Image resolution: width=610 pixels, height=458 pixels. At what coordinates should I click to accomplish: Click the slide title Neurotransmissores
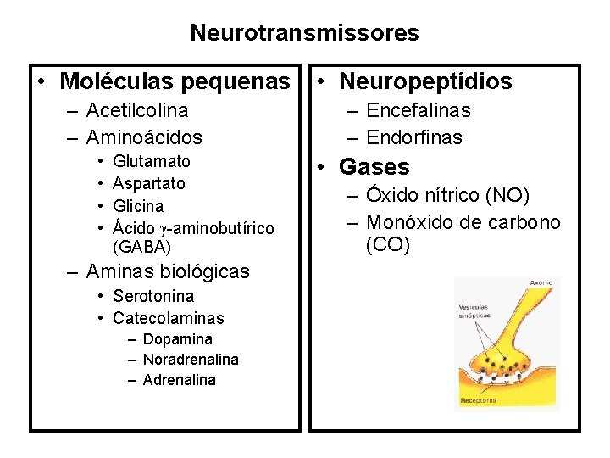click(304, 33)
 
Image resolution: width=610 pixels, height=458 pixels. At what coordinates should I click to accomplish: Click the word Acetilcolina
click(137, 110)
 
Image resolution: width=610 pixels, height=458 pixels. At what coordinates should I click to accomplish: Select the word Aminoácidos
click(144, 137)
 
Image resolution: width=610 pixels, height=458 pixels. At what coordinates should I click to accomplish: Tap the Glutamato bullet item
click(151, 161)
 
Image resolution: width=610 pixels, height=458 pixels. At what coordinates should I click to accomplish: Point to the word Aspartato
click(148, 183)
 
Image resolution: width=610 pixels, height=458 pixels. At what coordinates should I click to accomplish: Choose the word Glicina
click(138, 206)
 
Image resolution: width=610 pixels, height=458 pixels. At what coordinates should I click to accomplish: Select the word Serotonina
click(152, 296)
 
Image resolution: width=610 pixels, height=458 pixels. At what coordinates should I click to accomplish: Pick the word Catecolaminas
click(168, 318)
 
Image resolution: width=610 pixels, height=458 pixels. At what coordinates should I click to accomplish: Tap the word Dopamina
click(177, 339)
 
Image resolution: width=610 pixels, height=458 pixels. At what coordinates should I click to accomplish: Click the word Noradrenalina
click(191, 360)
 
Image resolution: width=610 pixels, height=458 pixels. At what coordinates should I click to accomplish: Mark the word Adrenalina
click(179, 380)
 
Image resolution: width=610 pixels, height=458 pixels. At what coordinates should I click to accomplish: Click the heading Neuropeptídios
click(425, 81)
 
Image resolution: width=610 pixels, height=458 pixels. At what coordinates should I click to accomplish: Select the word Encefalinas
click(419, 110)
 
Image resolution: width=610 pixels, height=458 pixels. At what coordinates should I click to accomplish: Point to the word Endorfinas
click(414, 137)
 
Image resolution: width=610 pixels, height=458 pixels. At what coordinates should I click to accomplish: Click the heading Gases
click(374, 167)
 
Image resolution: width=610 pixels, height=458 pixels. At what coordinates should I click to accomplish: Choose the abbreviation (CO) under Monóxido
click(388, 245)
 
